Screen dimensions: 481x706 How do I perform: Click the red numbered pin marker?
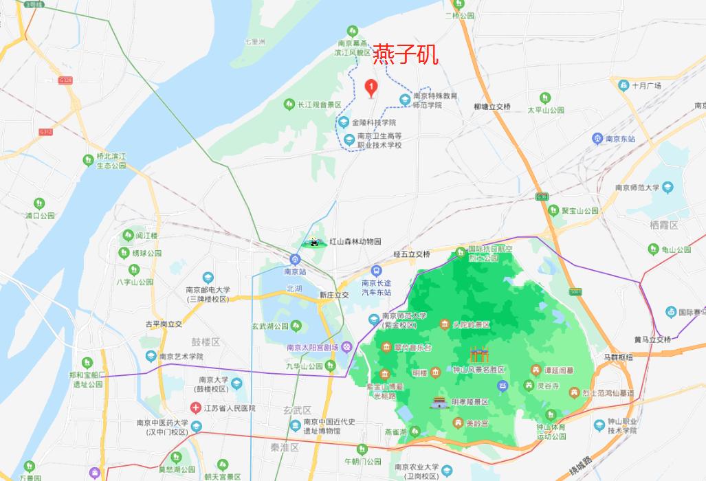(371, 87)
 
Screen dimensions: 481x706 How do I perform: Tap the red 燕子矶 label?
(406, 56)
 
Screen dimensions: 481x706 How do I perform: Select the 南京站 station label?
(294, 271)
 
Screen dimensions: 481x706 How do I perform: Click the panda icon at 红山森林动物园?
(314, 242)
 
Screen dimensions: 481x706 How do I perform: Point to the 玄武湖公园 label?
(270, 326)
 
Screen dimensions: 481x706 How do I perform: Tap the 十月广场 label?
(646, 86)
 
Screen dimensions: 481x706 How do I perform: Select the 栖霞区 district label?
(663, 225)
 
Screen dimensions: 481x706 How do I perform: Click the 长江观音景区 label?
(319, 104)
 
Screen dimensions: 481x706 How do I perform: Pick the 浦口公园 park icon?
(39, 203)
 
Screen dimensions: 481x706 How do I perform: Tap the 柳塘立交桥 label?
(492, 107)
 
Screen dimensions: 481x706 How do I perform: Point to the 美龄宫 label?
(476, 423)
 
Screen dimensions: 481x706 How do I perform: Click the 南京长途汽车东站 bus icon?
(375, 271)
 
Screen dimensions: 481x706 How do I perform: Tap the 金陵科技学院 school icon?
(343, 122)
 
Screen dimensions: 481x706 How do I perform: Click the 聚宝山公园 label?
(580, 211)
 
